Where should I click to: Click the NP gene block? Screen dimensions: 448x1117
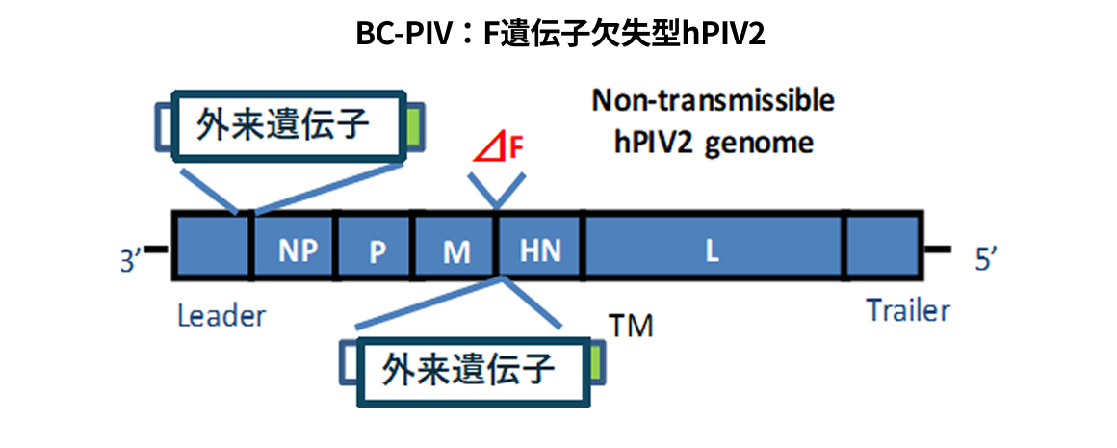tap(293, 248)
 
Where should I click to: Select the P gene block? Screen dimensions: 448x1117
tap(375, 249)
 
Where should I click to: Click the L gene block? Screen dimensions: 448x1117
tap(712, 249)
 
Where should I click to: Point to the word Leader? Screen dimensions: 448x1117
tap(221, 316)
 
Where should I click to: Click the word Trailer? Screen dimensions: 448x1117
tap(907, 311)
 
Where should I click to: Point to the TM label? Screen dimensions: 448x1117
tap(632, 327)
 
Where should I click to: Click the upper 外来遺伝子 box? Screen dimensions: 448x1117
tap(285, 124)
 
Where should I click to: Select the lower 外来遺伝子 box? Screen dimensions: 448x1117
tap(471, 370)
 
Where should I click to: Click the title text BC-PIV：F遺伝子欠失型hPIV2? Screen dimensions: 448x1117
tap(559, 35)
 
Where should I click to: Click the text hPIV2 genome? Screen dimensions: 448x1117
tap(714, 143)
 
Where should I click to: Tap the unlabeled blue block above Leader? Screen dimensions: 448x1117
tap(212, 249)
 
